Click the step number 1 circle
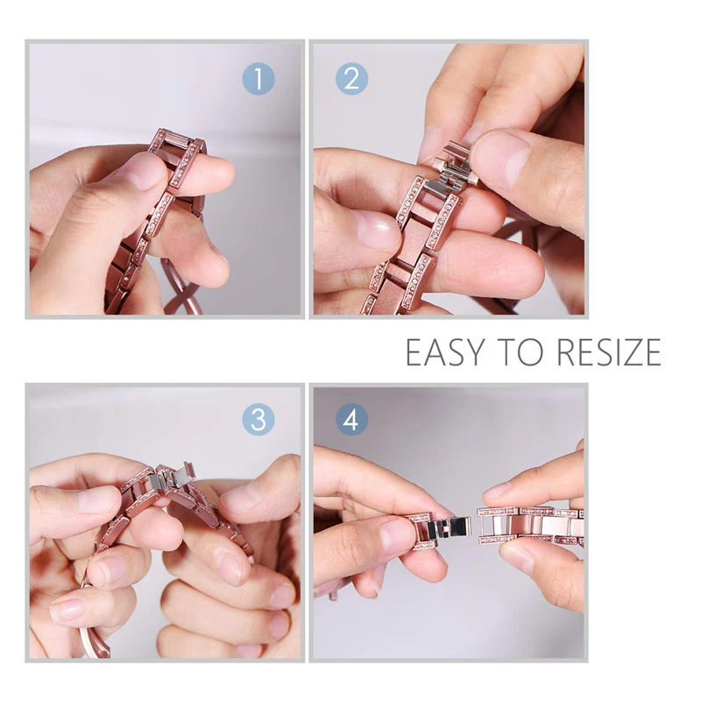click(x=258, y=79)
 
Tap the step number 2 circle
click(x=352, y=79)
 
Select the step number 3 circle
click(x=258, y=420)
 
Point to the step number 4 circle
click(x=352, y=420)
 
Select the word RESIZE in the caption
click(x=610, y=352)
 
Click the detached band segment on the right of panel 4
click(x=530, y=526)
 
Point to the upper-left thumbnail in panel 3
click(x=96, y=499)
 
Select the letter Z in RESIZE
click(x=627, y=352)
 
